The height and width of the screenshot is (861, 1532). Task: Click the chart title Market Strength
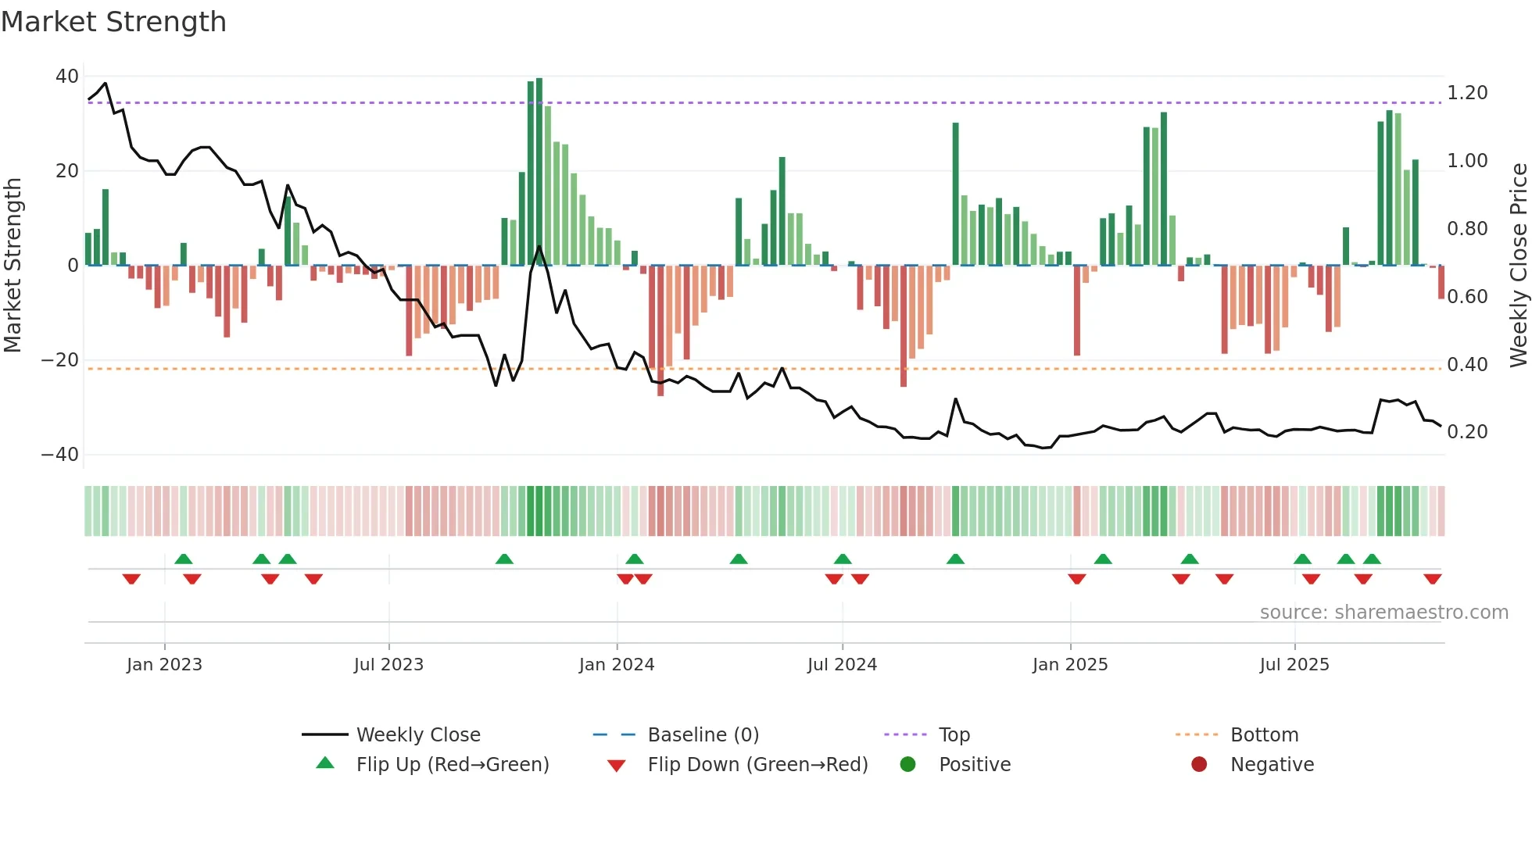[x=113, y=22]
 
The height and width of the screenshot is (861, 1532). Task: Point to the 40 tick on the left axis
[x=67, y=77]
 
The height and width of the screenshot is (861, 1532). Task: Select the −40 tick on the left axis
[x=60, y=455]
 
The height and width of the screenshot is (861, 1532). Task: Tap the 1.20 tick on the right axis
[x=1467, y=93]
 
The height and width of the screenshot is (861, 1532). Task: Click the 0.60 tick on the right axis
[x=1467, y=297]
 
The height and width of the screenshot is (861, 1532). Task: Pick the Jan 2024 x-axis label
[x=616, y=665]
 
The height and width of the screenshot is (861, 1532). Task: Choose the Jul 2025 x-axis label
[x=1294, y=665]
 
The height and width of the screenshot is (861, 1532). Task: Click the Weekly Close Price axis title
[x=1518, y=266]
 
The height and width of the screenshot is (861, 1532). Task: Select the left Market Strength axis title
[x=13, y=266]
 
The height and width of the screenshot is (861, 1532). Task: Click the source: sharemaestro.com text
[x=1383, y=613]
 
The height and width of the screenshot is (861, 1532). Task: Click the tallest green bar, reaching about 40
[x=539, y=172]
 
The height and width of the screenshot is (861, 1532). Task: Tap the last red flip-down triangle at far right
[x=1432, y=579]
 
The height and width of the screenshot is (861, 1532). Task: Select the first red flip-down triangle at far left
[x=131, y=579]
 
